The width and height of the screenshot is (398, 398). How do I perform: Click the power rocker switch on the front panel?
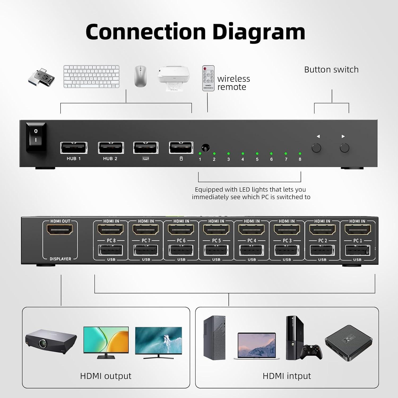(36, 137)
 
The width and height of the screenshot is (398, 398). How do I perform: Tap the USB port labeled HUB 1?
(73, 148)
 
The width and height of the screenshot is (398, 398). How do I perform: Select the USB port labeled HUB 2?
(111, 148)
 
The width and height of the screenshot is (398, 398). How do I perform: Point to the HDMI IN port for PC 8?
(110, 230)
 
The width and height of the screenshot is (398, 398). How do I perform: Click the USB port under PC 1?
(357, 250)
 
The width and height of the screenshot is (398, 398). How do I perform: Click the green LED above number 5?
(257, 154)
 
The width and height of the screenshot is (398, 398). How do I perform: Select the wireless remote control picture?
(208, 78)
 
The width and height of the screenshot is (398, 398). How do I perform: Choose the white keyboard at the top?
(91, 76)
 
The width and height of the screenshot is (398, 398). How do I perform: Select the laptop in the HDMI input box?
(256, 346)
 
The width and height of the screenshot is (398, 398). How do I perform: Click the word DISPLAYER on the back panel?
(60, 259)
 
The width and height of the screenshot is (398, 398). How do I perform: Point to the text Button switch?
(331, 70)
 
